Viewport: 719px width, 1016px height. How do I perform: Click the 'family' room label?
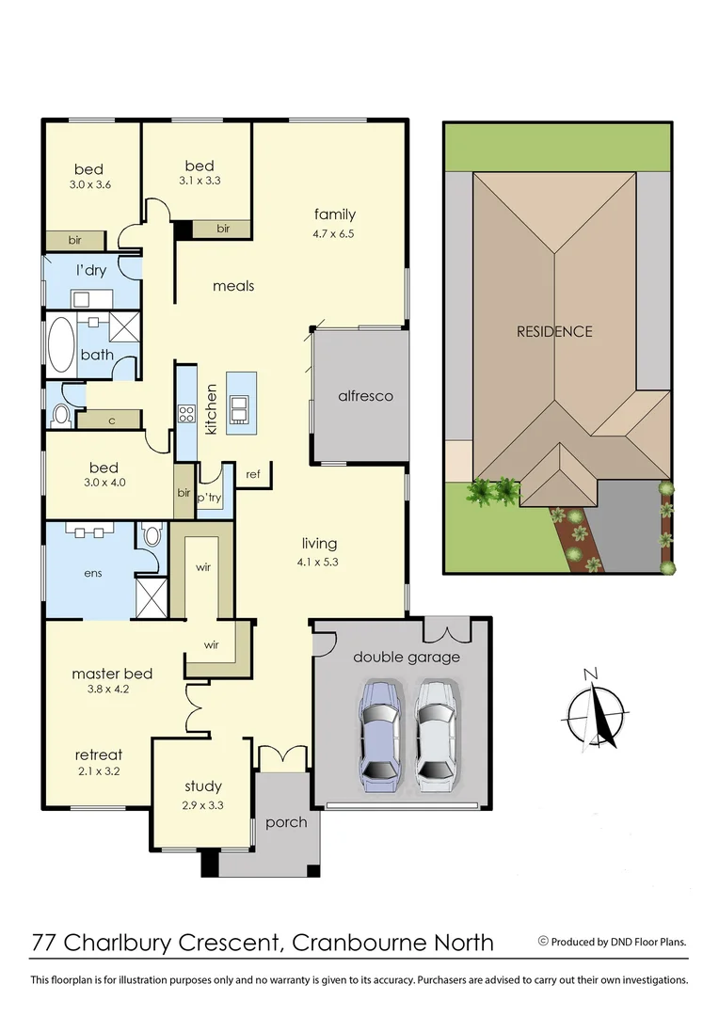pos(335,214)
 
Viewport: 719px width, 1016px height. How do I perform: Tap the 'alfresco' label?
pos(365,396)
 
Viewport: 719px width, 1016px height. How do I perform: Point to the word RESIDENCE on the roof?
pos(554,331)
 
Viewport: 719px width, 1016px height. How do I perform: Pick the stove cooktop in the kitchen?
pos(185,413)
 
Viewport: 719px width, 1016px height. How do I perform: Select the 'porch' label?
pos(286,822)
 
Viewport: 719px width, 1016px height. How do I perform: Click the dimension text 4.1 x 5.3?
pos(319,563)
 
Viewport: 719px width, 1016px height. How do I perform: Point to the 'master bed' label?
pos(112,674)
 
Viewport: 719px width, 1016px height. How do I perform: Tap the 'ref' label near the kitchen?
pos(253,474)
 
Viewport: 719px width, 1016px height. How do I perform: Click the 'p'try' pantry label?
pos(208,495)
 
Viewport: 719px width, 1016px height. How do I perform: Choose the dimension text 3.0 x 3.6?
pos(89,185)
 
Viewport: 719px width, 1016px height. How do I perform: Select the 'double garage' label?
pos(407,657)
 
